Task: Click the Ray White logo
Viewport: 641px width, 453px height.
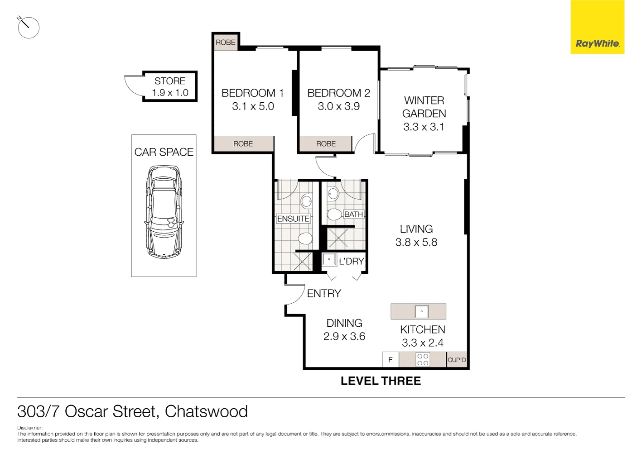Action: click(597, 43)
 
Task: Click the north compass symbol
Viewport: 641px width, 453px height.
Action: click(28, 27)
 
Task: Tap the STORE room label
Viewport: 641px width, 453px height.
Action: click(170, 81)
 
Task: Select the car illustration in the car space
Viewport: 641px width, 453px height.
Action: click(164, 212)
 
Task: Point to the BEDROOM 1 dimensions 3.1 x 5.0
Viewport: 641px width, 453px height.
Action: click(253, 106)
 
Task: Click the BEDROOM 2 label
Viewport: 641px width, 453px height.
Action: click(338, 93)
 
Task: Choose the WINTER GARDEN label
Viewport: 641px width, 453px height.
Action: click(424, 107)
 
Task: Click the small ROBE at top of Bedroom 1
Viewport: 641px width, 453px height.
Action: click(225, 42)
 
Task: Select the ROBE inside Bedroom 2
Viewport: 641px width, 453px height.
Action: click(326, 144)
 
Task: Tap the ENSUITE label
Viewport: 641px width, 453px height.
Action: click(293, 219)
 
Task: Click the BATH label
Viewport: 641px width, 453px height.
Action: click(353, 214)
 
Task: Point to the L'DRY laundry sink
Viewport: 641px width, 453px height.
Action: click(329, 260)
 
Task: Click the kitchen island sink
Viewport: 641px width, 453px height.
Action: click(421, 311)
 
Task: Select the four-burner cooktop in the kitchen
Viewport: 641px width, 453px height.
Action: click(423, 360)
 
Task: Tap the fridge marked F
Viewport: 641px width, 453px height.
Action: click(390, 360)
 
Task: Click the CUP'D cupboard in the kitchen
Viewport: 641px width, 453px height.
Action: click(457, 360)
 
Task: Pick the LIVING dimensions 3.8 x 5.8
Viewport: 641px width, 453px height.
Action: click(416, 243)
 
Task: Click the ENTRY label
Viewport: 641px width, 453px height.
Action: click(324, 294)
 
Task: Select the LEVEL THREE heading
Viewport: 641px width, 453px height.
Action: click(381, 381)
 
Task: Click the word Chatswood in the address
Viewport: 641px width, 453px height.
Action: click(206, 411)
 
